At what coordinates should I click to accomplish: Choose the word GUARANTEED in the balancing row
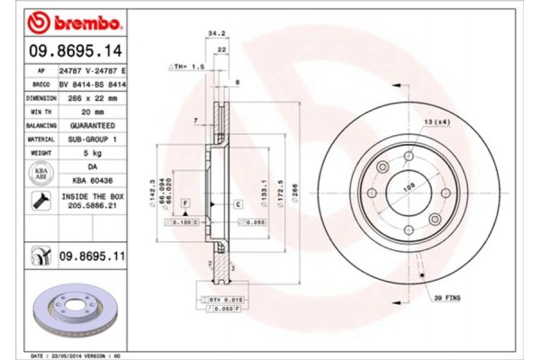pyautogui.click(x=94, y=125)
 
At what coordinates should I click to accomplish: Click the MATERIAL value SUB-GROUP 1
pyautogui.click(x=94, y=139)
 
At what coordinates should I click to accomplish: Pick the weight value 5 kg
pyautogui.click(x=94, y=154)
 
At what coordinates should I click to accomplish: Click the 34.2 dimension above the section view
pyautogui.click(x=216, y=33)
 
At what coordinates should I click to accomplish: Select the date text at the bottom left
pyautogui.click(x=77, y=355)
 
